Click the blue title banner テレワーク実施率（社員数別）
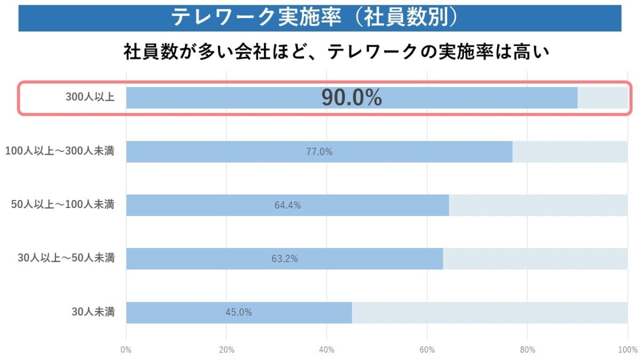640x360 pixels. point(319,18)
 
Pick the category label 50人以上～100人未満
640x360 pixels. point(63,205)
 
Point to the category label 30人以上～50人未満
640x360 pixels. point(66,259)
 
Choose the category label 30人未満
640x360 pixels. point(93,312)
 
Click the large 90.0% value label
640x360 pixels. point(351,98)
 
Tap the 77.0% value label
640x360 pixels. point(319,152)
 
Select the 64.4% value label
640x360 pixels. point(287,205)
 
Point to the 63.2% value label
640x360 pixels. point(284,259)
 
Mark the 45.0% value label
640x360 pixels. point(238,313)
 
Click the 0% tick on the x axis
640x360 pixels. point(126,349)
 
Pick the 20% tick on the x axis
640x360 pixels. point(227,349)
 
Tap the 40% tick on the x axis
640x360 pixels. point(327,349)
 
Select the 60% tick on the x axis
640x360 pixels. point(427,349)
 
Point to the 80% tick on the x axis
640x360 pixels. point(527,349)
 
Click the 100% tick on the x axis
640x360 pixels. point(627,349)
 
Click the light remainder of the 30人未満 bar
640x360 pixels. point(490,313)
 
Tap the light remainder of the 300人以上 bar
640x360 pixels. point(603,98)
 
